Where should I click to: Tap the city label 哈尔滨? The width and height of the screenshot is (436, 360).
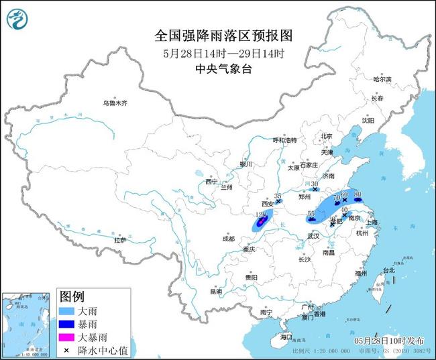pos(382,79)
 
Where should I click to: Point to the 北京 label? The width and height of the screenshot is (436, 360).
pos(327,136)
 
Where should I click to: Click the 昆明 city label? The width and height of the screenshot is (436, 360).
pos(215,292)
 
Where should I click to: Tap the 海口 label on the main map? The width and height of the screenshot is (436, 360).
pos(287,336)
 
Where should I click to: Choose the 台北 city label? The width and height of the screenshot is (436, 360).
pos(389,270)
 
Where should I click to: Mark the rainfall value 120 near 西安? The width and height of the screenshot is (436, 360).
pos(262,215)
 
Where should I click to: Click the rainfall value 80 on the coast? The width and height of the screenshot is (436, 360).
pos(358,194)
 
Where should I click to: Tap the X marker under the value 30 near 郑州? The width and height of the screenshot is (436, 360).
pos(315,190)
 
